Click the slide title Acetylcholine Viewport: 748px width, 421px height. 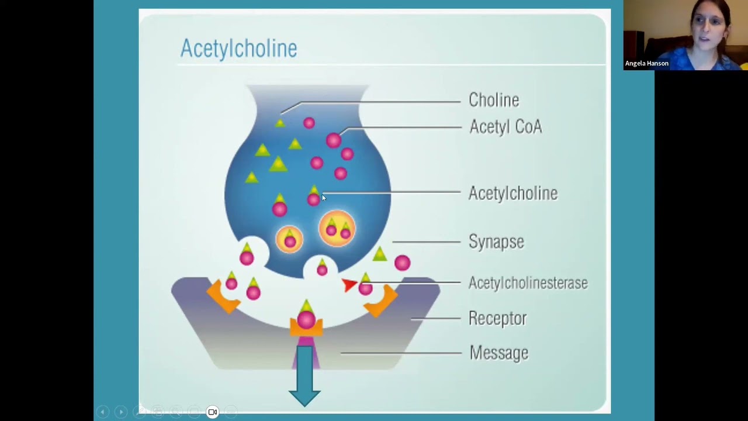(x=238, y=48)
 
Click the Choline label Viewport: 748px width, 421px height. (x=494, y=100)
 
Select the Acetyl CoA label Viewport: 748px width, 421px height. (x=505, y=127)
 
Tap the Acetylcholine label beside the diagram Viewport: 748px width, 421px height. (x=513, y=194)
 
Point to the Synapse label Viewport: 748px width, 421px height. (x=496, y=241)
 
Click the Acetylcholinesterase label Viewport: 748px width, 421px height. (x=528, y=283)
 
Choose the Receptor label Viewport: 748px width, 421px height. (x=497, y=319)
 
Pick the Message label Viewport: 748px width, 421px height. (x=498, y=353)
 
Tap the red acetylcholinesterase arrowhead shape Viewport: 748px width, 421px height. (x=349, y=285)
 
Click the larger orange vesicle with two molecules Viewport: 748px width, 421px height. (x=337, y=229)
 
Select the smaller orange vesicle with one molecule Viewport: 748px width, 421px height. (x=289, y=239)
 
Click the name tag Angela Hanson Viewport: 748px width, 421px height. (x=646, y=63)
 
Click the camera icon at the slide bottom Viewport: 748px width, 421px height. (x=213, y=412)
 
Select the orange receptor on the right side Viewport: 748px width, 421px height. (x=383, y=300)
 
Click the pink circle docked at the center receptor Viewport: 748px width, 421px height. (x=306, y=319)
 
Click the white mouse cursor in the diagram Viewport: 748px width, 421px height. (x=324, y=198)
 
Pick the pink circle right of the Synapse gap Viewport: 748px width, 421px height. (x=402, y=263)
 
